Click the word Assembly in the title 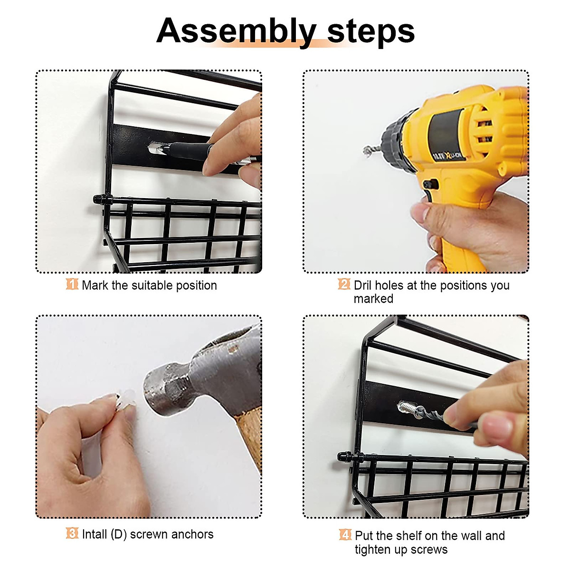tap(236, 31)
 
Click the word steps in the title tap(371, 31)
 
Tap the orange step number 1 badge tap(72, 285)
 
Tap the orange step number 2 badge tap(344, 285)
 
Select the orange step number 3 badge tap(72, 533)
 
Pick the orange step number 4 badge tap(345, 535)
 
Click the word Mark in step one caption tap(95, 285)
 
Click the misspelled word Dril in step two tap(362, 285)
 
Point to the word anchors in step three tap(192, 534)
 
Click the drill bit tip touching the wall tap(367, 151)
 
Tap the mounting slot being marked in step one tap(155, 148)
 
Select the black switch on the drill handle tap(430, 184)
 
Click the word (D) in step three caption tap(118, 534)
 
